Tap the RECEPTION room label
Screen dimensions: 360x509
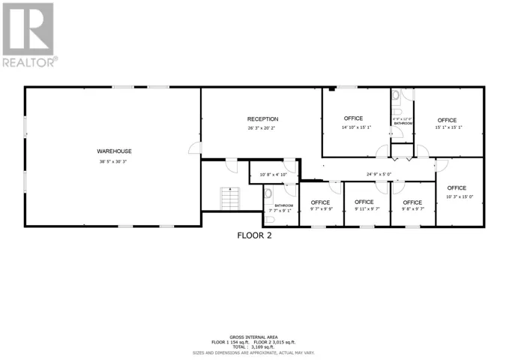pos(263,119)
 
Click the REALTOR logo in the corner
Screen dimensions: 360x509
pos(28,34)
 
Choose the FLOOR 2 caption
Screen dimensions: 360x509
pos(254,235)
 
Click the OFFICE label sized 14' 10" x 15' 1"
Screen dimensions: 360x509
pos(353,118)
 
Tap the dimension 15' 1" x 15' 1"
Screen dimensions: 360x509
pos(448,127)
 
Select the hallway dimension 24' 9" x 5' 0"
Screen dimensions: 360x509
pos(379,175)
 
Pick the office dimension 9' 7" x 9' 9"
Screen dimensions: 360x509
pos(320,210)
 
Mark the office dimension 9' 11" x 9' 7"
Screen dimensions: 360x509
pos(364,210)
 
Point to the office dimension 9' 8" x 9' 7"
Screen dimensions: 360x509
pos(412,210)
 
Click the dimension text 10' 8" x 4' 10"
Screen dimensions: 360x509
pos(273,175)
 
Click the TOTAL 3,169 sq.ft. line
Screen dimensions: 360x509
pos(254,346)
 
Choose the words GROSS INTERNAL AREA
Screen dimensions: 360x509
pos(254,337)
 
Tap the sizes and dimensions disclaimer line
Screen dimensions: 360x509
pos(254,352)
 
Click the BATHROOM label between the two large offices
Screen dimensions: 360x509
pos(403,123)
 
